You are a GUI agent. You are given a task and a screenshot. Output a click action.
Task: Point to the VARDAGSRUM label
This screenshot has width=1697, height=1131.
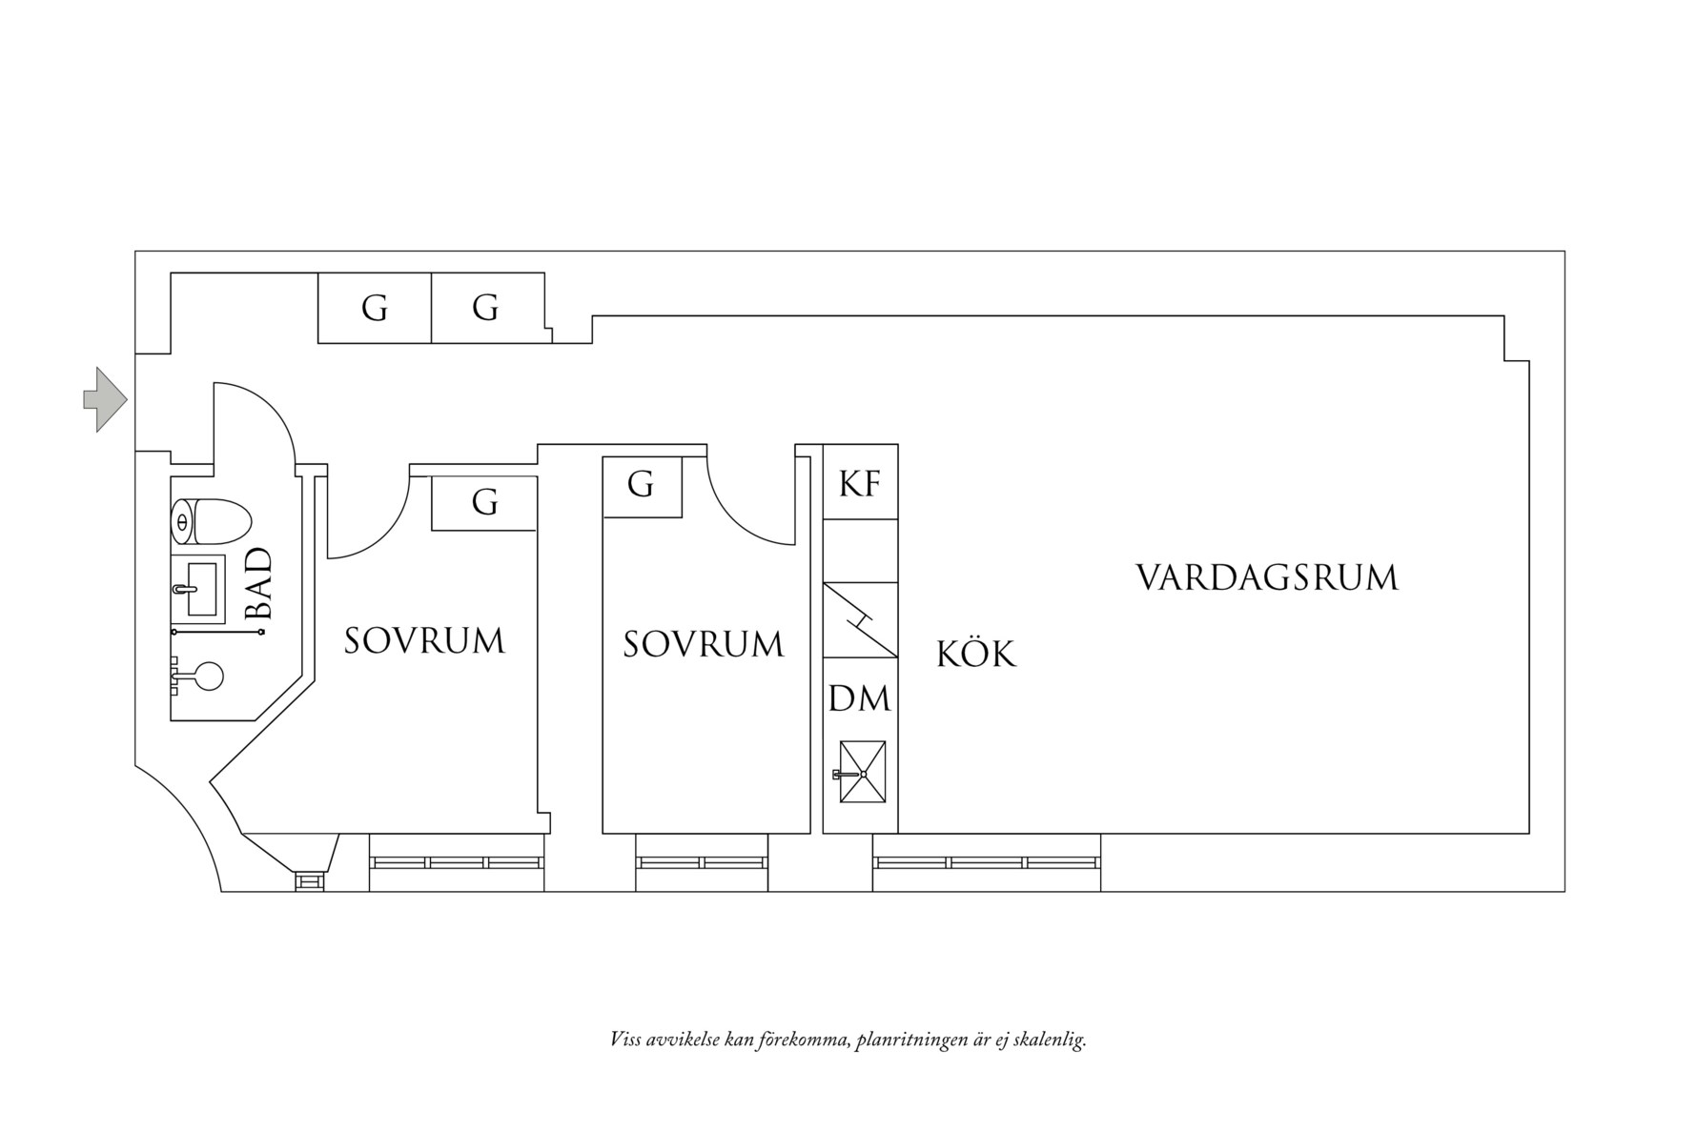(x=1266, y=577)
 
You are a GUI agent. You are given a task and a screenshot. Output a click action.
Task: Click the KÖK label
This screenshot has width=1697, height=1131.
(x=975, y=654)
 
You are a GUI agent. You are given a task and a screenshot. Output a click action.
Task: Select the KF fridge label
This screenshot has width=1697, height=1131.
(x=859, y=484)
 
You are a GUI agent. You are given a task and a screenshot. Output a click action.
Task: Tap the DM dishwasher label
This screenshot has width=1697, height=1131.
(x=859, y=698)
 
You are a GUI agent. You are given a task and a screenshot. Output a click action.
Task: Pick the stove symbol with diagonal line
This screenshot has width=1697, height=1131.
(x=860, y=619)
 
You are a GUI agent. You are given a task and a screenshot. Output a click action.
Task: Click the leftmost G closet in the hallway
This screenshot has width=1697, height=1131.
(x=374, y=308)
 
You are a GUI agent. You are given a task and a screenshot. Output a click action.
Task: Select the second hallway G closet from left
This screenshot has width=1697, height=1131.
(x=485, y=308)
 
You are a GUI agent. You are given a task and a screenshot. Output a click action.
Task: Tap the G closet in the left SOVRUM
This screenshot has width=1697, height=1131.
(x=484, y=501)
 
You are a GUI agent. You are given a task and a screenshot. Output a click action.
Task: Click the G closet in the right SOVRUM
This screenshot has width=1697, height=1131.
(x=641, y=485)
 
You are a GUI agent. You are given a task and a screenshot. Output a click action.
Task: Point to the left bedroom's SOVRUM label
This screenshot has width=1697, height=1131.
(x=424, y=640)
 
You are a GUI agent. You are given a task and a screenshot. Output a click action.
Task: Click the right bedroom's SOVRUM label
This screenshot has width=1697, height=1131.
(x=703, y=644)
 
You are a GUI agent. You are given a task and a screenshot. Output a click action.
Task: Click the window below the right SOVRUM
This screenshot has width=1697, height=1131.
(x=703, y=862)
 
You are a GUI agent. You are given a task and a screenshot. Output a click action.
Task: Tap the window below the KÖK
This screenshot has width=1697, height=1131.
(x=987, y=862)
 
